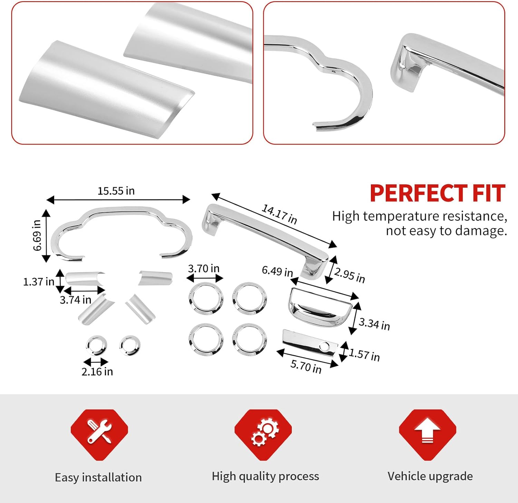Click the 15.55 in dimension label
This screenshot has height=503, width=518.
click(116, 191)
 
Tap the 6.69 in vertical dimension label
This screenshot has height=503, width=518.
click(37, 235)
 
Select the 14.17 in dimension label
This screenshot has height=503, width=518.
click(279, 214)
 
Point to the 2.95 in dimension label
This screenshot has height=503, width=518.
click(349, 275)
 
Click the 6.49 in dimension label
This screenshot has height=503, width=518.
click(277, 271)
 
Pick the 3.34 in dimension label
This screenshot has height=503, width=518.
click(374, 324)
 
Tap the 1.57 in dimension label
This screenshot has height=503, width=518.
click(364, 354)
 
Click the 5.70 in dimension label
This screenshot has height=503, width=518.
click(306, 366)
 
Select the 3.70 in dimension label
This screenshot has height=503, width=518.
click(204, 268)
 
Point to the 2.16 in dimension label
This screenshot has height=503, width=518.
click(97, 372)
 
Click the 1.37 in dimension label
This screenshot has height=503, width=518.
click(38, 282)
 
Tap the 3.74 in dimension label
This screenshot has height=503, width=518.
click(75, 300)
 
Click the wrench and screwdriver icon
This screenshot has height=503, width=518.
click(99, 432)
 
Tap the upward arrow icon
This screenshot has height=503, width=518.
click(428, 431)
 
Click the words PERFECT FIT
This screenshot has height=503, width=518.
click(438, 193)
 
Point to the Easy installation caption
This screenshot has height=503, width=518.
click(98, 477)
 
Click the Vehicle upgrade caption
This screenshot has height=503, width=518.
click(430, 476)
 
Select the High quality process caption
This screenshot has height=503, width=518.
click(265, 476)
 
